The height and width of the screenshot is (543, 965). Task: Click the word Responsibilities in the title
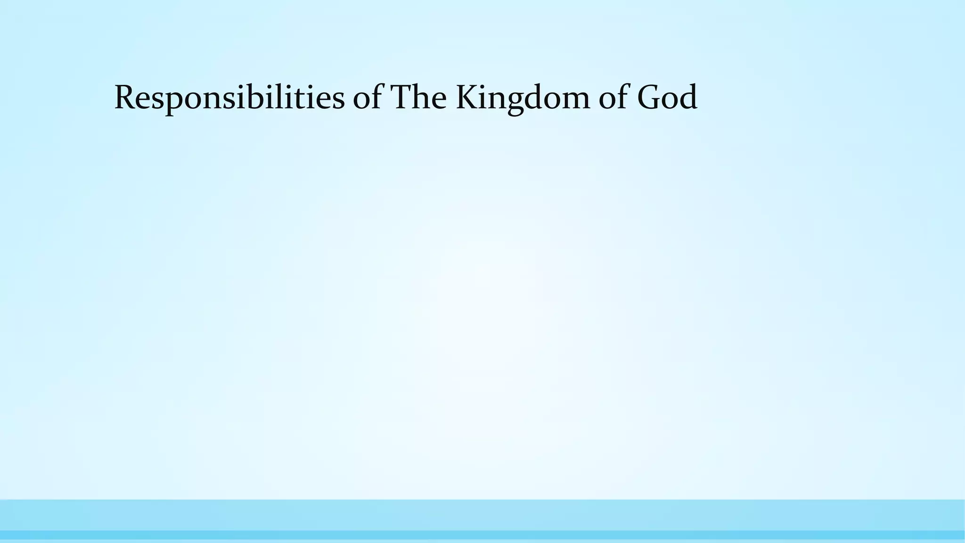click(x=229, y=98)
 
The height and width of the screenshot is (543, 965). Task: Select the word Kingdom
click(x=523, y=98)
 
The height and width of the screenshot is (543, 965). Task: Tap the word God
click(x=667, y=98)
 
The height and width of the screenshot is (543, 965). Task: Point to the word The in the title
click(x=419, y=98)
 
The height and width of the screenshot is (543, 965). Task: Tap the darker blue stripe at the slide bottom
click(x=482, y=535)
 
